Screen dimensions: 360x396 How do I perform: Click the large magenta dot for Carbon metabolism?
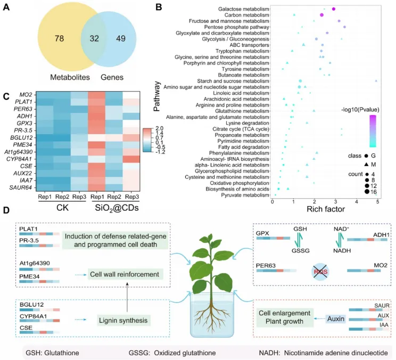click(x=322, y=15)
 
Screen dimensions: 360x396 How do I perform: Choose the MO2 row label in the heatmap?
click(x=27, y=94)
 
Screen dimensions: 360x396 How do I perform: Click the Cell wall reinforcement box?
click(x=122, y=274)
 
